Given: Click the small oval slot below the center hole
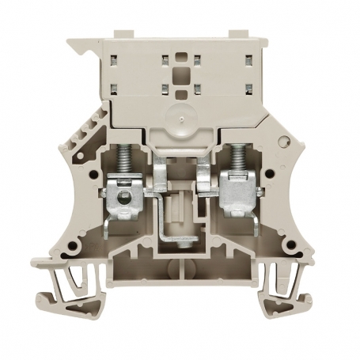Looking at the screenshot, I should coord(180,94).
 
